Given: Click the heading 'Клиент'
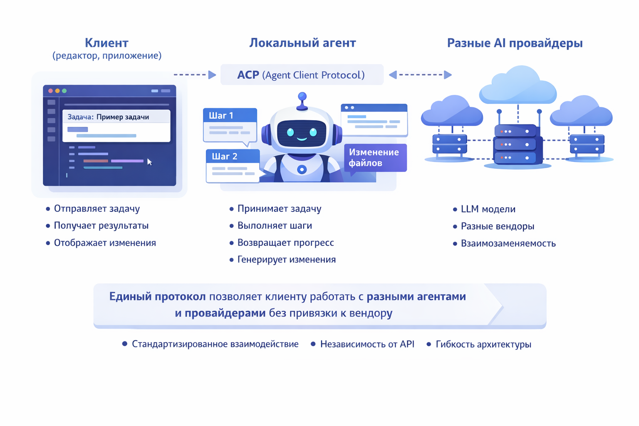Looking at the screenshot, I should (x=106, y=43).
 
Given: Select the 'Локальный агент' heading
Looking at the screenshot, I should (x=302, y=43).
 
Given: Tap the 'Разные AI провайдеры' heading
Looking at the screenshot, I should (x=515, y=43).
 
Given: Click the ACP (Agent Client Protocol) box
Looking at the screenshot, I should (x=302, y=75).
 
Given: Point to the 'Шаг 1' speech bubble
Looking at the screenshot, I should (x=230, y=124).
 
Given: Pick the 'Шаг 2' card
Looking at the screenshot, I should (x=233, y=165).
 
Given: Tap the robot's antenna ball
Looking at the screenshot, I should (x=302, y=97).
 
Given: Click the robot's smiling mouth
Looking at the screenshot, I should (x=302, y=139).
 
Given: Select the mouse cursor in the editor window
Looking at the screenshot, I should (x=149, y=162).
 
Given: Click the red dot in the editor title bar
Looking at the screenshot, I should (x=50, y=91).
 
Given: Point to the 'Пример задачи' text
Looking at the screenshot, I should (x=123, y=117).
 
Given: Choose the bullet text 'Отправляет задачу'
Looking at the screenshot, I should (x=97, y=208).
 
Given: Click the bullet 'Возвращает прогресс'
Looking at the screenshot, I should (x=285, y=243).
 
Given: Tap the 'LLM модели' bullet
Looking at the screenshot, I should (x=488, y=209).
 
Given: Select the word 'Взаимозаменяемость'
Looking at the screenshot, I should (x=508, y=243).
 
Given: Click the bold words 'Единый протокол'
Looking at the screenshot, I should (x=157, y=297).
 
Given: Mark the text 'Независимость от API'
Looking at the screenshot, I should (x=367, y=344).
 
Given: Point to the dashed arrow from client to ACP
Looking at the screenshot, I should (x=195, y=75).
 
